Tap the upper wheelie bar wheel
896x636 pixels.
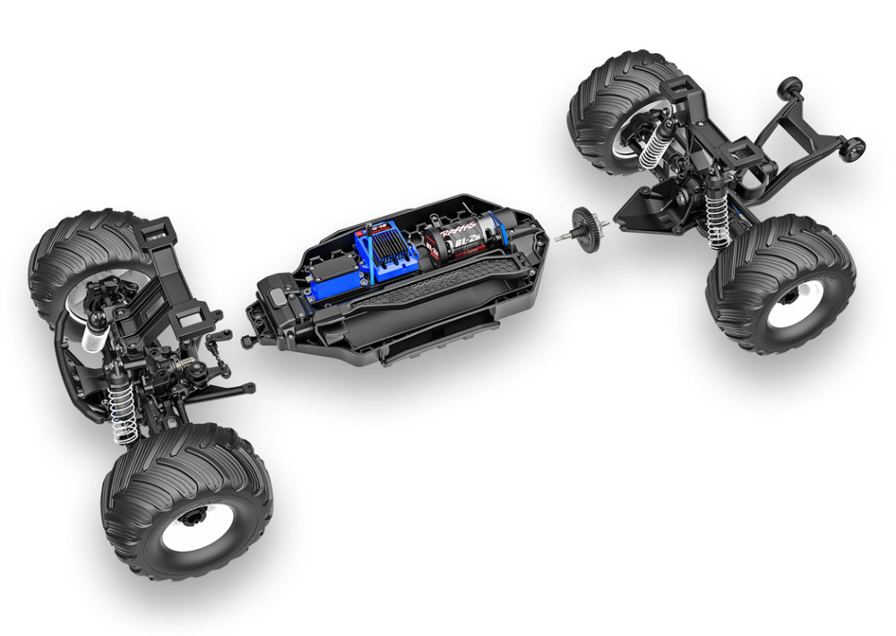click(x=789, y=87)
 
